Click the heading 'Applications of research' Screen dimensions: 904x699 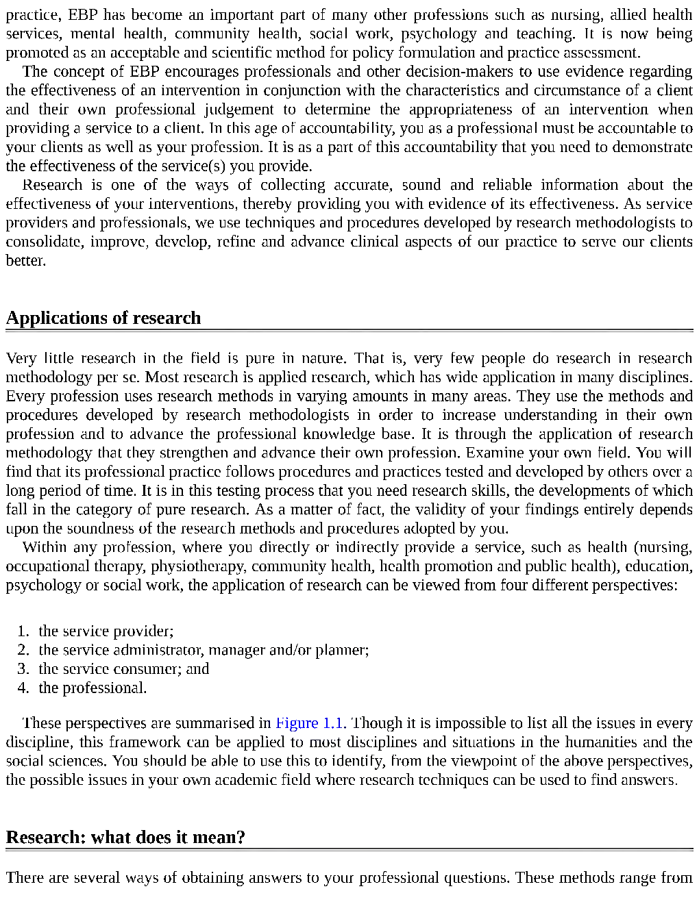pyautogui.click(x=103, y=318)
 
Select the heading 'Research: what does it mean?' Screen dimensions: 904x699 pyautogui.click(x=125, y=837)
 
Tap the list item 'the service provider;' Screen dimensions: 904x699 pyautogui.click(x=106, y=631)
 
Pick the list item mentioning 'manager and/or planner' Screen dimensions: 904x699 pyautogui.click(x=204, y=650)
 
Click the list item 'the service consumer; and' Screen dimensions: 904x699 pyautogui.click(x=124, y=668)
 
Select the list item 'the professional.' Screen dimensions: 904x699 pyautogui.click(x=93, y=688)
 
